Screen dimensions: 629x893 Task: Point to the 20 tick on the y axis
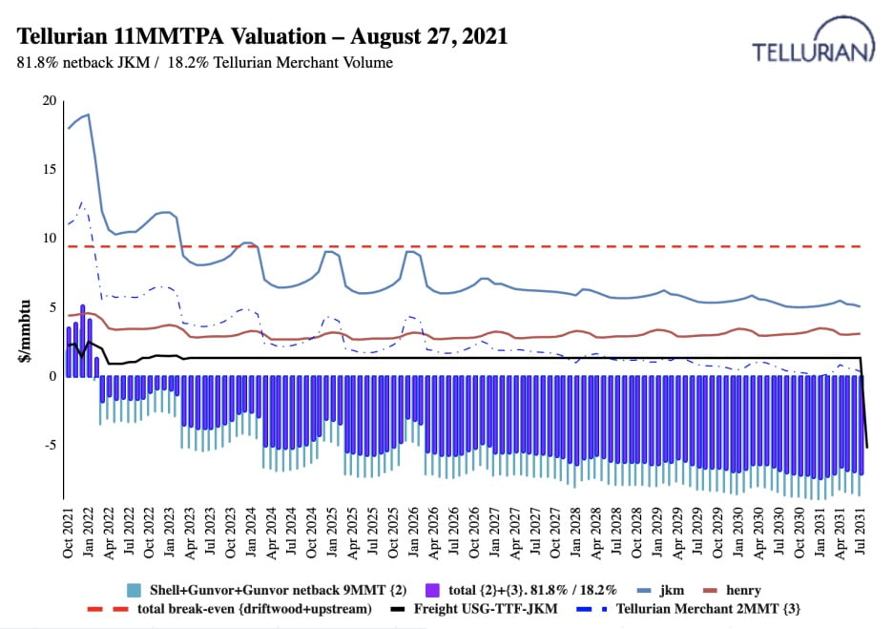coord(48,100)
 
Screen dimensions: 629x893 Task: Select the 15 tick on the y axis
coord(48,169)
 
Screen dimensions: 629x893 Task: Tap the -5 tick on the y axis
coord(48,445)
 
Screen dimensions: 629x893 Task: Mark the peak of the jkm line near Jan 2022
coord(88,115)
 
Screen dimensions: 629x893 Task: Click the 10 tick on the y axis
coord(48,238)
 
